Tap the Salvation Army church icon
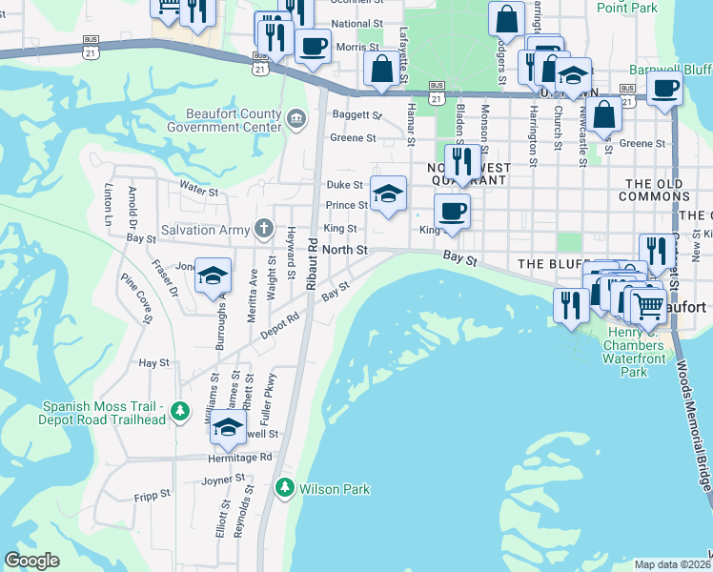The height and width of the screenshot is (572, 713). (x=264, y=229)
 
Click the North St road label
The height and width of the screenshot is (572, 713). (x=344, y=250)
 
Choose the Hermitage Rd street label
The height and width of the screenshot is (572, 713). (x=240, y=458)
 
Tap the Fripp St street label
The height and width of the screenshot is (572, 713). (x=153, y=495)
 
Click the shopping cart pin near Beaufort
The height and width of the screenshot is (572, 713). (x=649, y=304)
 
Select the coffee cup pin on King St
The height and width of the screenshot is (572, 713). (x=452, y=211)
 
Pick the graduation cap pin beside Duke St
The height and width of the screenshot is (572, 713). (x=388, y=194)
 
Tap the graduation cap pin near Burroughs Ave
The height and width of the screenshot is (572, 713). (x=213, y=276)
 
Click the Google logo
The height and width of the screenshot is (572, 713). (x=31, y=561)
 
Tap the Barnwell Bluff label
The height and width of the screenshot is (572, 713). (x=670, y=70)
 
